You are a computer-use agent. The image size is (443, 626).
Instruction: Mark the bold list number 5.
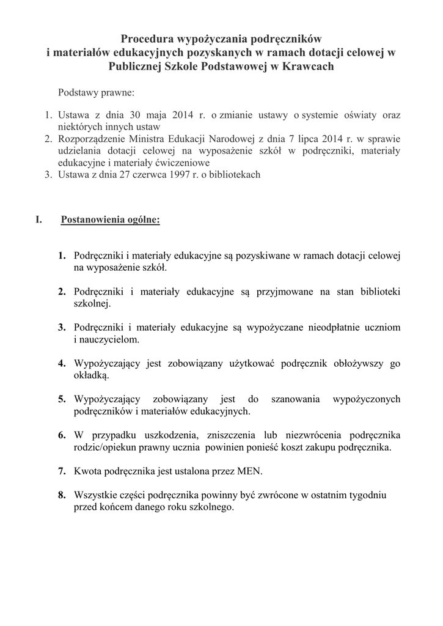(x=62, y=399)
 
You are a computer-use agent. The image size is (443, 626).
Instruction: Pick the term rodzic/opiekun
(x=104, y=447)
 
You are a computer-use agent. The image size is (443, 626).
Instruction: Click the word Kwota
(x=87, y=471)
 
